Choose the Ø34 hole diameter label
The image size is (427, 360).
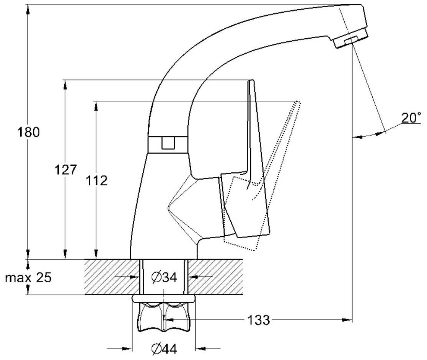(164, 278)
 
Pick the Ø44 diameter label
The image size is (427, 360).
(164, 349)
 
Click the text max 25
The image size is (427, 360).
(28, 278)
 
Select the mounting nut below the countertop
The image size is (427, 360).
(164, 316)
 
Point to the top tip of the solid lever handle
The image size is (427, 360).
(251, 81)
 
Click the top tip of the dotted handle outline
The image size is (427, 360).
(298, 102)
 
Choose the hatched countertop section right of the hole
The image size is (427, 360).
(216, 277)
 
